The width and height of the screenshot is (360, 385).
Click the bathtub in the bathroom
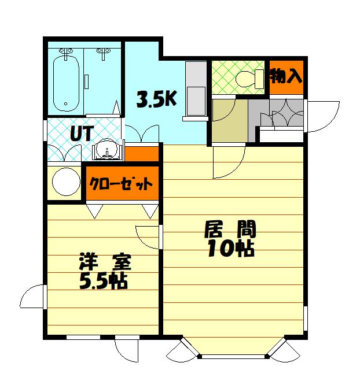[x=66, y=84]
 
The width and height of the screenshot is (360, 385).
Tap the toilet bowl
[x=245, y=79]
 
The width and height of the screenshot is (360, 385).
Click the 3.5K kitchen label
[x=157, y=99]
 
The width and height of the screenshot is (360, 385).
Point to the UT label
[x=82, y=133]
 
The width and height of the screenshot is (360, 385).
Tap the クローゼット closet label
[x=121, y=183]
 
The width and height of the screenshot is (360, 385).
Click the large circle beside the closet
[x=67, y=182]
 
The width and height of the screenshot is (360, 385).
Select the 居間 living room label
[x=230, y=229]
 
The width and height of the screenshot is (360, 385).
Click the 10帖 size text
[x=231, y=249]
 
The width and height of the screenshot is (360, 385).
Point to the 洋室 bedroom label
[x=105, y=262]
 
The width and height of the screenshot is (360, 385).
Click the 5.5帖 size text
[x=103, y=281]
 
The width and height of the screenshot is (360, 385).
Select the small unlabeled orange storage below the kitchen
[x=142, y=154]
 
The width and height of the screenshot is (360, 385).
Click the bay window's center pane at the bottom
[x=233, y=356]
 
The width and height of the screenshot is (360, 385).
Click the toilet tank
[x=259, y=79]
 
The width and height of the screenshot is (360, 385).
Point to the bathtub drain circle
[x=65, y=104]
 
